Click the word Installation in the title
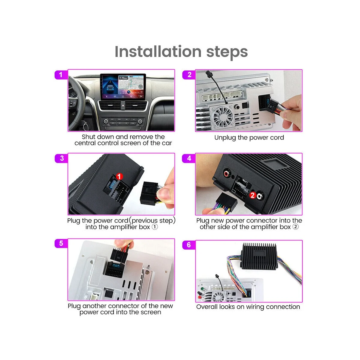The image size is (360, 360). [158, 52]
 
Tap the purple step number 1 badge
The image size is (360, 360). [61, 75]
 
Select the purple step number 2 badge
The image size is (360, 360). [189, 75]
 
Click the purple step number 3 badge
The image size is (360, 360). [61, 158]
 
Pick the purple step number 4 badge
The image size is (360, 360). [189, 158]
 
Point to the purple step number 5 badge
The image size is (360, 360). [61, 243]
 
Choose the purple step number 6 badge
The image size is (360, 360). [189, 245]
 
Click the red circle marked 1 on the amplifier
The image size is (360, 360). [119, 176]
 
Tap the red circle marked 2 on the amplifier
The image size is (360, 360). [253, 195]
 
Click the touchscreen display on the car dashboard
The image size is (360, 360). [123, 87]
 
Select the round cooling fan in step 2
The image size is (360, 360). [223, 117]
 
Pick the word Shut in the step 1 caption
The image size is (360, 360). [88, 137]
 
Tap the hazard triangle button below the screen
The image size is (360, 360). [123, 106]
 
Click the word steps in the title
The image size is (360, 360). [227, 52]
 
